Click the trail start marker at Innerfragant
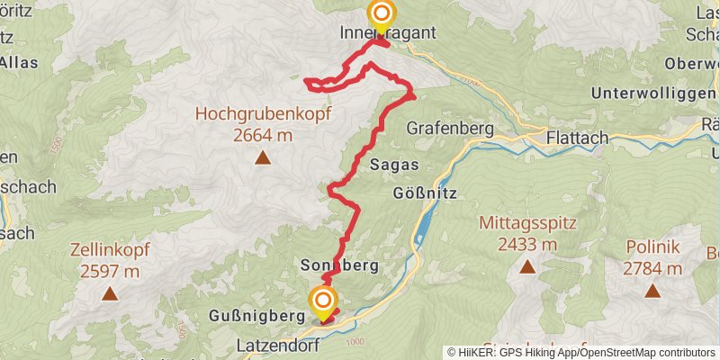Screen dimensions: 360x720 point(382,15)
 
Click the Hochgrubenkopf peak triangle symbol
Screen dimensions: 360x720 point(263,158)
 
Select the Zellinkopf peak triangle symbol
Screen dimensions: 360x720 point(109,292)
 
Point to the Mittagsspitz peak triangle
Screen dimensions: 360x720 point(526,266)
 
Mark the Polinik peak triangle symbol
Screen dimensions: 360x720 point(652,290)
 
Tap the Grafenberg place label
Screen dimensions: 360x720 point(450,129)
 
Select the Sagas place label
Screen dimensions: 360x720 point(394,165)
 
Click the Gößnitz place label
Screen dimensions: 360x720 point(427,193)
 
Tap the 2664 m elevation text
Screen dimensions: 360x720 point(263,135)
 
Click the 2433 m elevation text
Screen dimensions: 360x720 point(526,244)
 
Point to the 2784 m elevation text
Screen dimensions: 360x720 point(652,268)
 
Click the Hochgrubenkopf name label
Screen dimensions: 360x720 point(263,115)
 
